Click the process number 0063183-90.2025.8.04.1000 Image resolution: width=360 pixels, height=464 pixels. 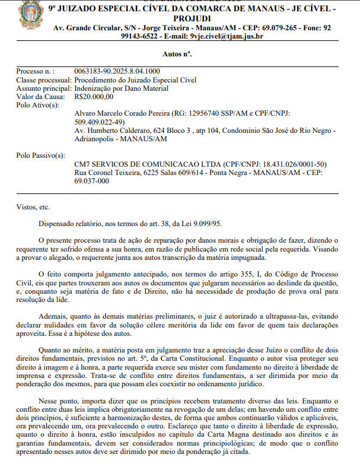(113, 71)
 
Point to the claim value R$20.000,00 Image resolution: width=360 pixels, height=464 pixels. (94, 97)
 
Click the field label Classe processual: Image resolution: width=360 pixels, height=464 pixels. (43, 80)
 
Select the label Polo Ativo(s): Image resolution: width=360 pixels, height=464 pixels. (37, 105)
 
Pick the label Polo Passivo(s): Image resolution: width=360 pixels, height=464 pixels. (41, 155)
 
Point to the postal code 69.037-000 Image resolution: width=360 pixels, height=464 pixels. (92, 181)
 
